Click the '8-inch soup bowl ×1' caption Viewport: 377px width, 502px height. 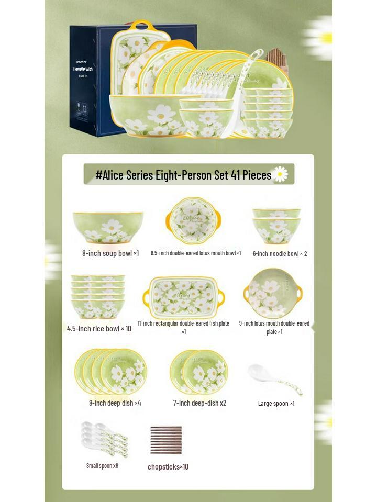point(110,253)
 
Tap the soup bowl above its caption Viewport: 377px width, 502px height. point(108,227)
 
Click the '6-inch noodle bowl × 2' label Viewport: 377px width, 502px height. point(280,254)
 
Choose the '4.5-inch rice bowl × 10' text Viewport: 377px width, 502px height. point(99,329)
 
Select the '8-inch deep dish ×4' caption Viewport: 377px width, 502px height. point(115,403)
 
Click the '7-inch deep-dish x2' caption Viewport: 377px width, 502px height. point(199,403)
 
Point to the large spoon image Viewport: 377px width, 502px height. point(274,380)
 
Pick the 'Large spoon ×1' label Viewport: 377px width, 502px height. point(276,404)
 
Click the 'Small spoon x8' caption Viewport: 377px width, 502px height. point(102,465)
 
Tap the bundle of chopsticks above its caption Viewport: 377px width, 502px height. point(166,440)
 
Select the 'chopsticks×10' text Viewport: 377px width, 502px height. point(168,467)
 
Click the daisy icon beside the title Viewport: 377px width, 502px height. point(281,174)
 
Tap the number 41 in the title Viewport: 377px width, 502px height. point(236,175)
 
